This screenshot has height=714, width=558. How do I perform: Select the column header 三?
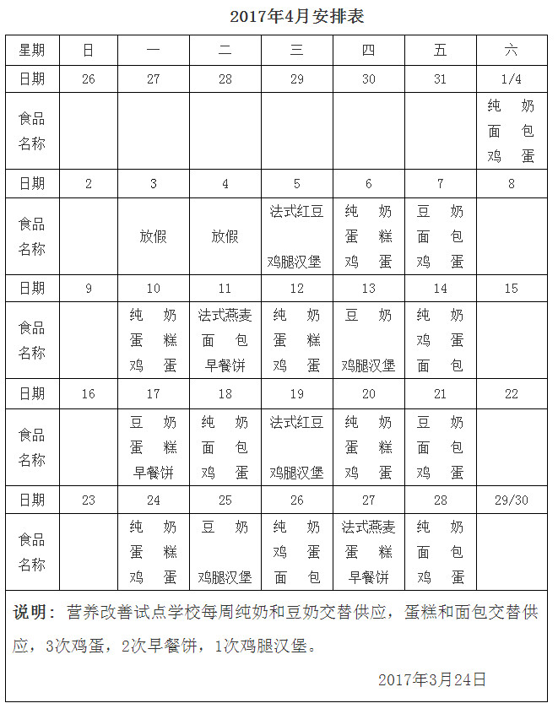[296, 50]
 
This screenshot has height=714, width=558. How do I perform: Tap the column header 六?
[511, 50]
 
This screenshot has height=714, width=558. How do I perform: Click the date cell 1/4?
[511, 79]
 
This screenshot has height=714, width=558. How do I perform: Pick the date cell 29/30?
[511, 500]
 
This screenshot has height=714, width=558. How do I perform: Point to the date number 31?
[440, 79]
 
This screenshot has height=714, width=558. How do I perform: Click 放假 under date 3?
[153, 236]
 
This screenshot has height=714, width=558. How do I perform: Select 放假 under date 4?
[225, 236]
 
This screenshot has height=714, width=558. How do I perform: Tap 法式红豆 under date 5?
[296, 211]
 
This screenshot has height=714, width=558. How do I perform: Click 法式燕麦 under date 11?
[225, 316]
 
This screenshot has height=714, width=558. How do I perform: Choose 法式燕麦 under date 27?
[368, 527]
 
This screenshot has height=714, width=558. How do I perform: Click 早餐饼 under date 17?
[153, 473]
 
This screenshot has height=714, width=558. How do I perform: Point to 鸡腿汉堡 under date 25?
[225, 577]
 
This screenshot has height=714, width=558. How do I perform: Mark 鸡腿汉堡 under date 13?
[368, 366]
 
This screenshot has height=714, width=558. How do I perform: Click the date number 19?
[296, 394]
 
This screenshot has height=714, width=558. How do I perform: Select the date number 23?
[89, 500]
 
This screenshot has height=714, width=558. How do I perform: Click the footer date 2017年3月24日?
[431, 679]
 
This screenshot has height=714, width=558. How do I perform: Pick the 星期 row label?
[32, 50]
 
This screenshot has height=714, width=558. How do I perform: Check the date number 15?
[511, 289]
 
